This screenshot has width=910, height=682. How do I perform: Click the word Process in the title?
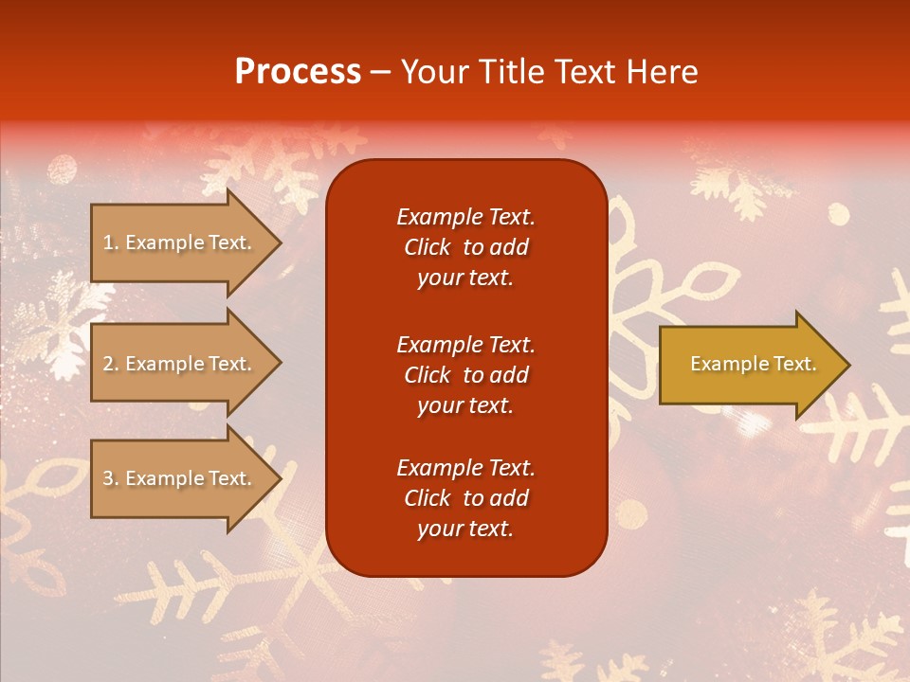tap(298, 72)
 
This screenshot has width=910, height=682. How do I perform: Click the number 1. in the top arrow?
tap(111, 242)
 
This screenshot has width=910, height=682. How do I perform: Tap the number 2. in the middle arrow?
tap(111, 364)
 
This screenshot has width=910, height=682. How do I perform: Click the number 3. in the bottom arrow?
tap(111, 478)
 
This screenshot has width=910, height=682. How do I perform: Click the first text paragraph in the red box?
tap(465, 247)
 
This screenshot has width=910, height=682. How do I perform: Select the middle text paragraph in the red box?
tap(465, 375)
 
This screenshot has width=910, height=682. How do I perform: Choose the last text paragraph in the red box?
tap(465, 498)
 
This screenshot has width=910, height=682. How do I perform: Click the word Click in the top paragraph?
tap(428, 247)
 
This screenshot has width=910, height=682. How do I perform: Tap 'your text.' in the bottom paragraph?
tap(465, 529)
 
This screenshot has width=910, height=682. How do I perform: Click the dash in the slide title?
tap(380, 73)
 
